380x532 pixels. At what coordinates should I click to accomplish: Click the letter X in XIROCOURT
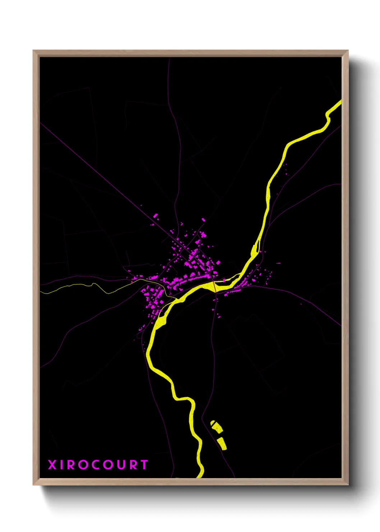[52, 465]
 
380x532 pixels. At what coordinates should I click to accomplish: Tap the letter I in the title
[63, 465]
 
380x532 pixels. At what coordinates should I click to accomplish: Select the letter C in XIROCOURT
[95, 465]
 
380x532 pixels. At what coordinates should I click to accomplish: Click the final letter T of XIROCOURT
[144, 465]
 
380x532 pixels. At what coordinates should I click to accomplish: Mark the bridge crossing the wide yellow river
[214, 287]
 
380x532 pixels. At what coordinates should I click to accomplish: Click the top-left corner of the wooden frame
[34, 51]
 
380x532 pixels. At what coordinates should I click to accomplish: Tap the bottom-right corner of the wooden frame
[348, 484]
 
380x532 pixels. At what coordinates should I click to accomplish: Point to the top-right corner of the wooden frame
[348, 51]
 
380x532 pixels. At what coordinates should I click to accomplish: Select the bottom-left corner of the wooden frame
[34, 484]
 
